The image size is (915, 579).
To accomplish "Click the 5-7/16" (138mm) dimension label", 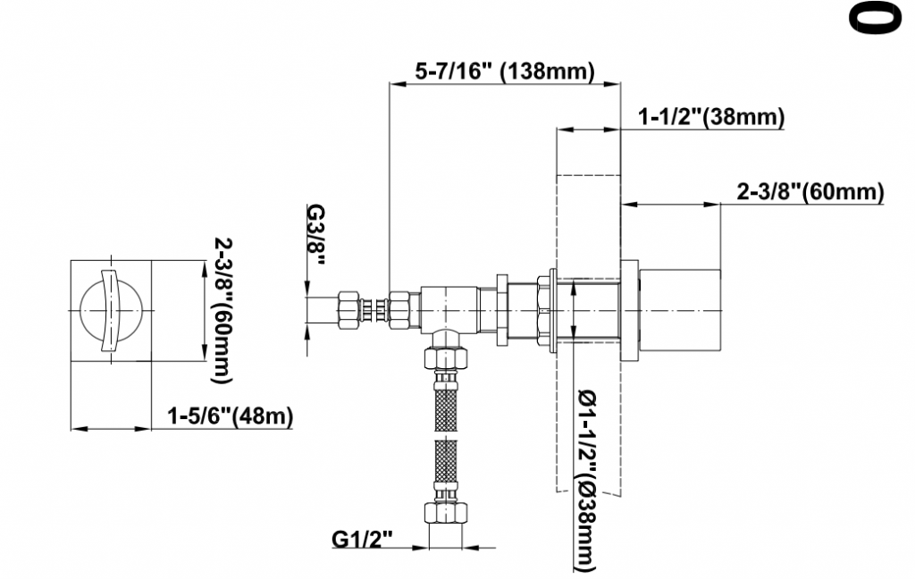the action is point(504,71).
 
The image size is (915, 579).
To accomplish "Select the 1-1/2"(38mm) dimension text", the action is point(710,117).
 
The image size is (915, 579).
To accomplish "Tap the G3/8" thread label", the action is point(315,235).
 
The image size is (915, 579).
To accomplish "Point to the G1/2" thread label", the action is point(363,538).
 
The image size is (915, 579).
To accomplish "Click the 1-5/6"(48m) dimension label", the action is point(230,416).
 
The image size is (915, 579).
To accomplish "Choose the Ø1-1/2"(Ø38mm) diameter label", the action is point(587,481).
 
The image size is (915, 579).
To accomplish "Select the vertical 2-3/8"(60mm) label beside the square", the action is point(222,310).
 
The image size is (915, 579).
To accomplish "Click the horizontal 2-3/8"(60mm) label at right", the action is point(810,191).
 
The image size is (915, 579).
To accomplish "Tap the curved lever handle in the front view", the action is point(110,310).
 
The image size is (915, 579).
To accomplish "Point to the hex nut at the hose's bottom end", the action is point(446,512).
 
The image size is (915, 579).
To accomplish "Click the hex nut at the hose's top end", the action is point(446,357).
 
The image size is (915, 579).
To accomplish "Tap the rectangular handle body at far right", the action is point(680,310).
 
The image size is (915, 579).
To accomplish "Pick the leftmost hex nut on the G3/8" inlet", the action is point(349,310).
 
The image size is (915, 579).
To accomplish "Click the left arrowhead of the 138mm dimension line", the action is point(398,84).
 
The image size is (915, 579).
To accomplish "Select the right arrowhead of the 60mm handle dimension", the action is point(713,205).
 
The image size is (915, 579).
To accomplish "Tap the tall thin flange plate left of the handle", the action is point(630,310).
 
